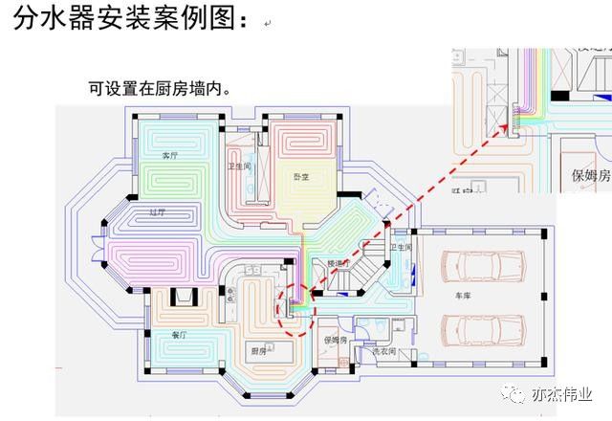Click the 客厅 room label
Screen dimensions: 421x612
pos(171,155)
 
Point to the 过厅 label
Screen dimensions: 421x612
pos(158,212)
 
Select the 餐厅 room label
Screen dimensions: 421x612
pos(178,335)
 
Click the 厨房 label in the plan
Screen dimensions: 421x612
pos(258,350)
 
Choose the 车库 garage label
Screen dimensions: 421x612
pos(464,296)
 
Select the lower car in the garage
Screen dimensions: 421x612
pos(483,329)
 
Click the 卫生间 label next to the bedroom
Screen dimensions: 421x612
pos(238,165)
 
